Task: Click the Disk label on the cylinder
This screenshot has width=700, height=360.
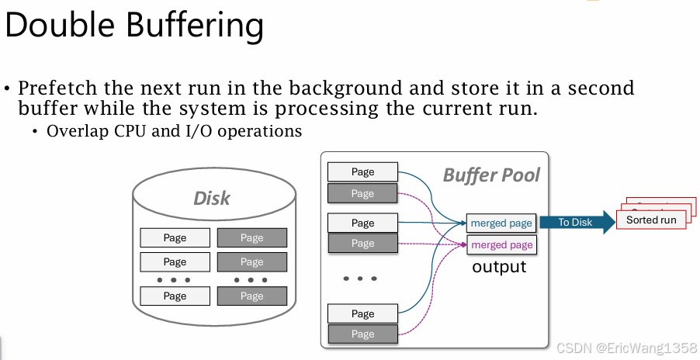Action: (211, 198)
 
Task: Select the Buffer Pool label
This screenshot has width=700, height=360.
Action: (490, 175)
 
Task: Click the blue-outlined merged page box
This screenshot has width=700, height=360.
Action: (501, 223)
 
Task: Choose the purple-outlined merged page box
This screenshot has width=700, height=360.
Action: (501, 244)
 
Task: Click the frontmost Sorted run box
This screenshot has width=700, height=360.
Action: (651, 220)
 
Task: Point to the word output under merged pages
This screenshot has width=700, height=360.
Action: (499, 267)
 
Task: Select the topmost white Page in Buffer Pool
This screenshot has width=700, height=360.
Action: (362, 172)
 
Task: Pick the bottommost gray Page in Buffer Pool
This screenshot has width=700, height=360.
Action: (362, 334)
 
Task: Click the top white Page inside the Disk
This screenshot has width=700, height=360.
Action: (175, 238)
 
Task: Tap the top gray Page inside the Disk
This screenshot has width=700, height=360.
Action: (251, 238)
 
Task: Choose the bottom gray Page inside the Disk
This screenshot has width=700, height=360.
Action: (251, 296)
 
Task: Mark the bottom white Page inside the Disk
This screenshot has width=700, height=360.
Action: (175, 296)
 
